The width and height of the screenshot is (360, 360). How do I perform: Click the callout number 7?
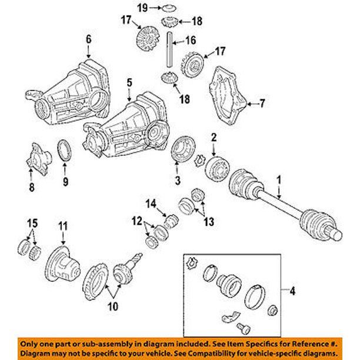[x=262, y=104]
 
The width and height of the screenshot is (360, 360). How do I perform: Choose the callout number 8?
[x=32, y=187]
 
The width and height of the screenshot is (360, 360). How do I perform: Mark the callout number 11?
[x=62, y=225]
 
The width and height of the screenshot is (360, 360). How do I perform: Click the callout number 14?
[x=150, y=204]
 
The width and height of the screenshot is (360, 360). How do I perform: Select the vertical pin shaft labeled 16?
[x=169, y=51]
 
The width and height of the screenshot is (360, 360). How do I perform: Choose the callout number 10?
[x=112, y=306]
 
